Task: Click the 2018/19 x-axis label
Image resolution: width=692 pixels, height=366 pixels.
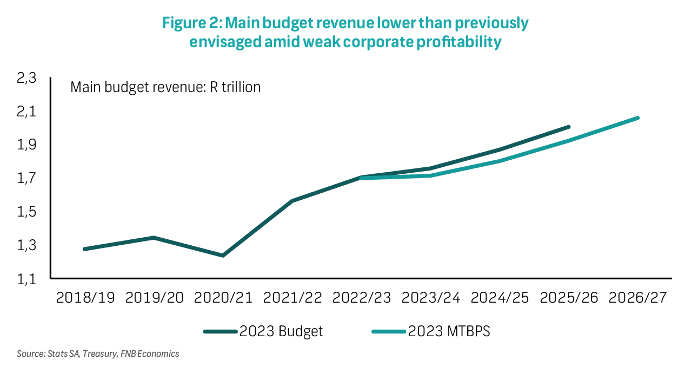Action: pos(85,298)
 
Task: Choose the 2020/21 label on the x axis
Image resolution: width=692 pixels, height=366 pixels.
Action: pos(223,298)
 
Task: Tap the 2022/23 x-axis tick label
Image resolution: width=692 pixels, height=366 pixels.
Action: pos(362,298)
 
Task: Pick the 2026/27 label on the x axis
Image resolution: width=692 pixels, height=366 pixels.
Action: pos(638,298)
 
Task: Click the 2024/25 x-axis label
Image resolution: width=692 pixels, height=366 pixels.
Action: pos(500,298)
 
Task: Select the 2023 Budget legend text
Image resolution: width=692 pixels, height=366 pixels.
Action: pos(281,331)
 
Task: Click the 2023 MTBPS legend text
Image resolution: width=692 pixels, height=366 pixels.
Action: pos(449,331)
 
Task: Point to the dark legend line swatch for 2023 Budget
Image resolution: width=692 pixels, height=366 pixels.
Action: pos(221,331)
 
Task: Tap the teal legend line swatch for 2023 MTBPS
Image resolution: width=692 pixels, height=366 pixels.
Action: pos(389,331)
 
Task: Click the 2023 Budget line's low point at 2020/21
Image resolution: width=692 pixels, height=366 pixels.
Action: pos(223,256)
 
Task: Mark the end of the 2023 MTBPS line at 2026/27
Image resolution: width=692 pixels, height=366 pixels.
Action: pos(638,117)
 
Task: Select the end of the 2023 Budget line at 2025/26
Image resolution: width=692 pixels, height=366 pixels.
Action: pos(569,127)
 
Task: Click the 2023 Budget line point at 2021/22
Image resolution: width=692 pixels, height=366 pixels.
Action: pos(292,201)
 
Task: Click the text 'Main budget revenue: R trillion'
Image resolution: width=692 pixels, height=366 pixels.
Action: pos(165,87)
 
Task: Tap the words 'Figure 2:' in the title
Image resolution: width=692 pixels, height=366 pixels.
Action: pos(192,23)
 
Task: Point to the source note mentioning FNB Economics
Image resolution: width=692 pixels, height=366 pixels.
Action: pos(98,354)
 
